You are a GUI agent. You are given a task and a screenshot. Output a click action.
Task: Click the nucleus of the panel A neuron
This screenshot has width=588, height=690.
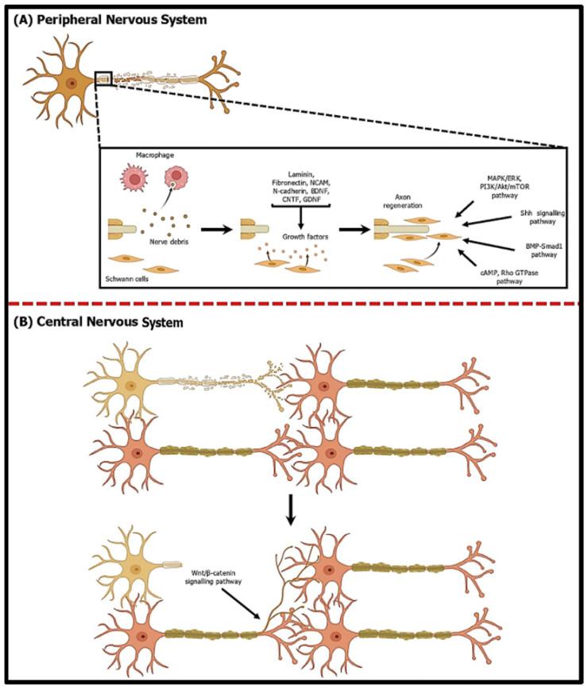point(72,82)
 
